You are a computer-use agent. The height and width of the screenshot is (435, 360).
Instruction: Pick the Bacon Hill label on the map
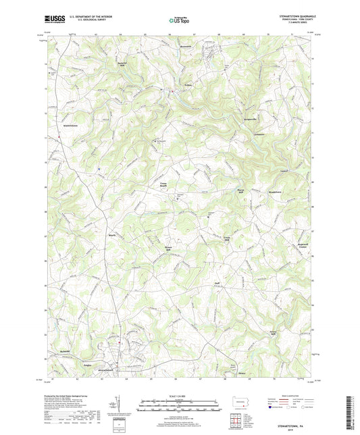238,190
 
